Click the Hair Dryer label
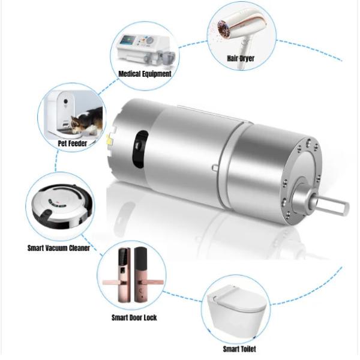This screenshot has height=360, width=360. (241, 58)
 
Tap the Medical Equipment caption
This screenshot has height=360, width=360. (145, 74)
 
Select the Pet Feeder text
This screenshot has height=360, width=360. (73, 143)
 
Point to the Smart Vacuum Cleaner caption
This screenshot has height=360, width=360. (59, 248)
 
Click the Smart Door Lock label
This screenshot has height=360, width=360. (134, 317)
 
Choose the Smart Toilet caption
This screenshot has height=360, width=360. (239, 349)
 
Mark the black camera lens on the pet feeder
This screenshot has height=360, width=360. (66, 101)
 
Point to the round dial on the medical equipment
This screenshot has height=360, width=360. (150, 40)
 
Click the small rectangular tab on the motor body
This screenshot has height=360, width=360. (215, 168)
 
